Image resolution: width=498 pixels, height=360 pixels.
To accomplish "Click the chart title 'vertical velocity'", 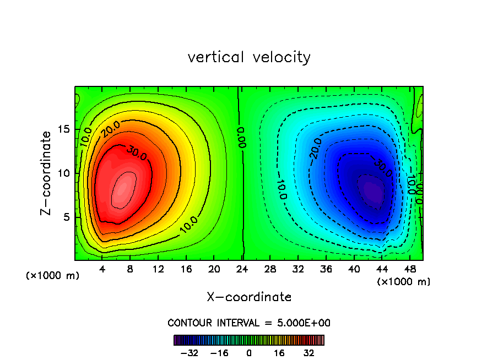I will (249, 57).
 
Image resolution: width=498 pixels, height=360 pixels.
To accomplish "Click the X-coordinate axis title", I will (249, 297).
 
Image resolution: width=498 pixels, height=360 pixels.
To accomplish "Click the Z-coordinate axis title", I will (48, 173).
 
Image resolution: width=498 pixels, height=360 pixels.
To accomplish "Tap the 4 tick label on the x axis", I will (102, 270).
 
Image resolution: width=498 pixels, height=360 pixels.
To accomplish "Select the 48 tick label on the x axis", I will (410, 270).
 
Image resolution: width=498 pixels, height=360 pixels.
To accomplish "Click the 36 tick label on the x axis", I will (326, 270).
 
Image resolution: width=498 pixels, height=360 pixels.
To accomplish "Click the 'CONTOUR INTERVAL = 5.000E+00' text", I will (249, 323).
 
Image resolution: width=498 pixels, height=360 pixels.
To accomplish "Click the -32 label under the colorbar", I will (188, 353).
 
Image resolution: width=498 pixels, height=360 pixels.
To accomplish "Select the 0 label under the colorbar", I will (249, 353).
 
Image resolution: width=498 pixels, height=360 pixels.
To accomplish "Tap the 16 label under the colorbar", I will (279, 353).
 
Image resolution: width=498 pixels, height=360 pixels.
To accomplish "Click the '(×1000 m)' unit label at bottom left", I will (53, 276).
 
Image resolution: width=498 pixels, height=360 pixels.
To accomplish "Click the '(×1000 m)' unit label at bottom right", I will (404, 282).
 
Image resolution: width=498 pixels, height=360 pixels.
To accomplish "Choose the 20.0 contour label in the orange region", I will (110, 129).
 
